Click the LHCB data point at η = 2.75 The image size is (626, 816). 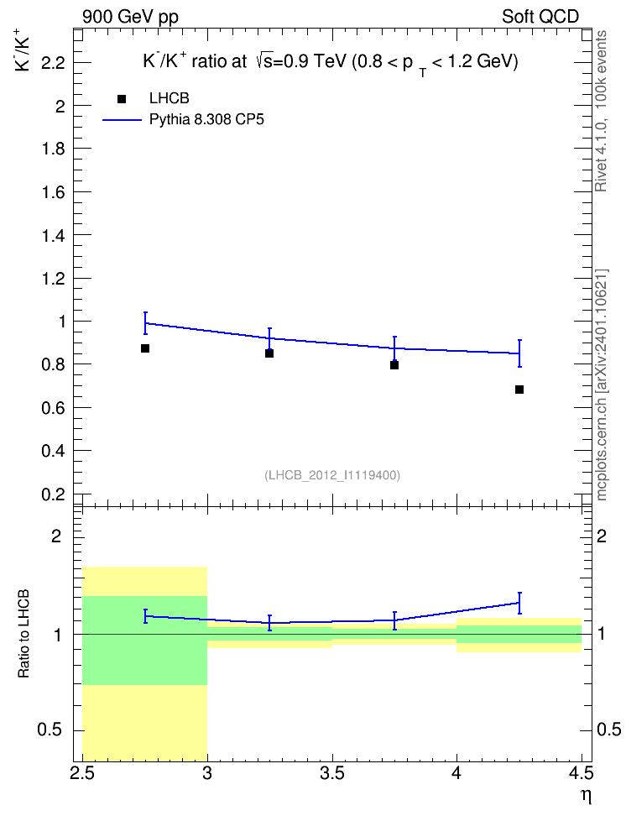[x=145, y=348]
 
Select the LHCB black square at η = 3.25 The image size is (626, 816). [x=269, y=353]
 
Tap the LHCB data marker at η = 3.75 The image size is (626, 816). [x=394, y=365]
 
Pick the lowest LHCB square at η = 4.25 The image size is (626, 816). [x=519, y=390]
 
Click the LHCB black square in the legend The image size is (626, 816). [x=122, y=99]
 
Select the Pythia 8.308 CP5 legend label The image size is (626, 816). [x=206, y=120]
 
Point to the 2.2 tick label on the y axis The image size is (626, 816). [x=53, y=64]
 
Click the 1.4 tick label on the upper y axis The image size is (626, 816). [x=53, y=236]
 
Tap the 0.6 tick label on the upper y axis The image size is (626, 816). [x=53, y=408]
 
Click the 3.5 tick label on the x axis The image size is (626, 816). [x=332, y=773]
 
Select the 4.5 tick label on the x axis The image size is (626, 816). [x=582, y=773]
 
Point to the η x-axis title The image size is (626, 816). [x=586, y=796]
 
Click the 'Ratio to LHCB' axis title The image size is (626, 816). [x=23, y=634]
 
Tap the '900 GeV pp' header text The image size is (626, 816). [x=130, y=17]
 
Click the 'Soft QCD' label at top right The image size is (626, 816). [x=540, y=17]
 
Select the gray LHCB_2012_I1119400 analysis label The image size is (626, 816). [x=332, y=475]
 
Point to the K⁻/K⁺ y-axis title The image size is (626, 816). [x=23, y=50]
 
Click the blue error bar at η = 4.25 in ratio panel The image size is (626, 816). [x=519, y=603]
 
